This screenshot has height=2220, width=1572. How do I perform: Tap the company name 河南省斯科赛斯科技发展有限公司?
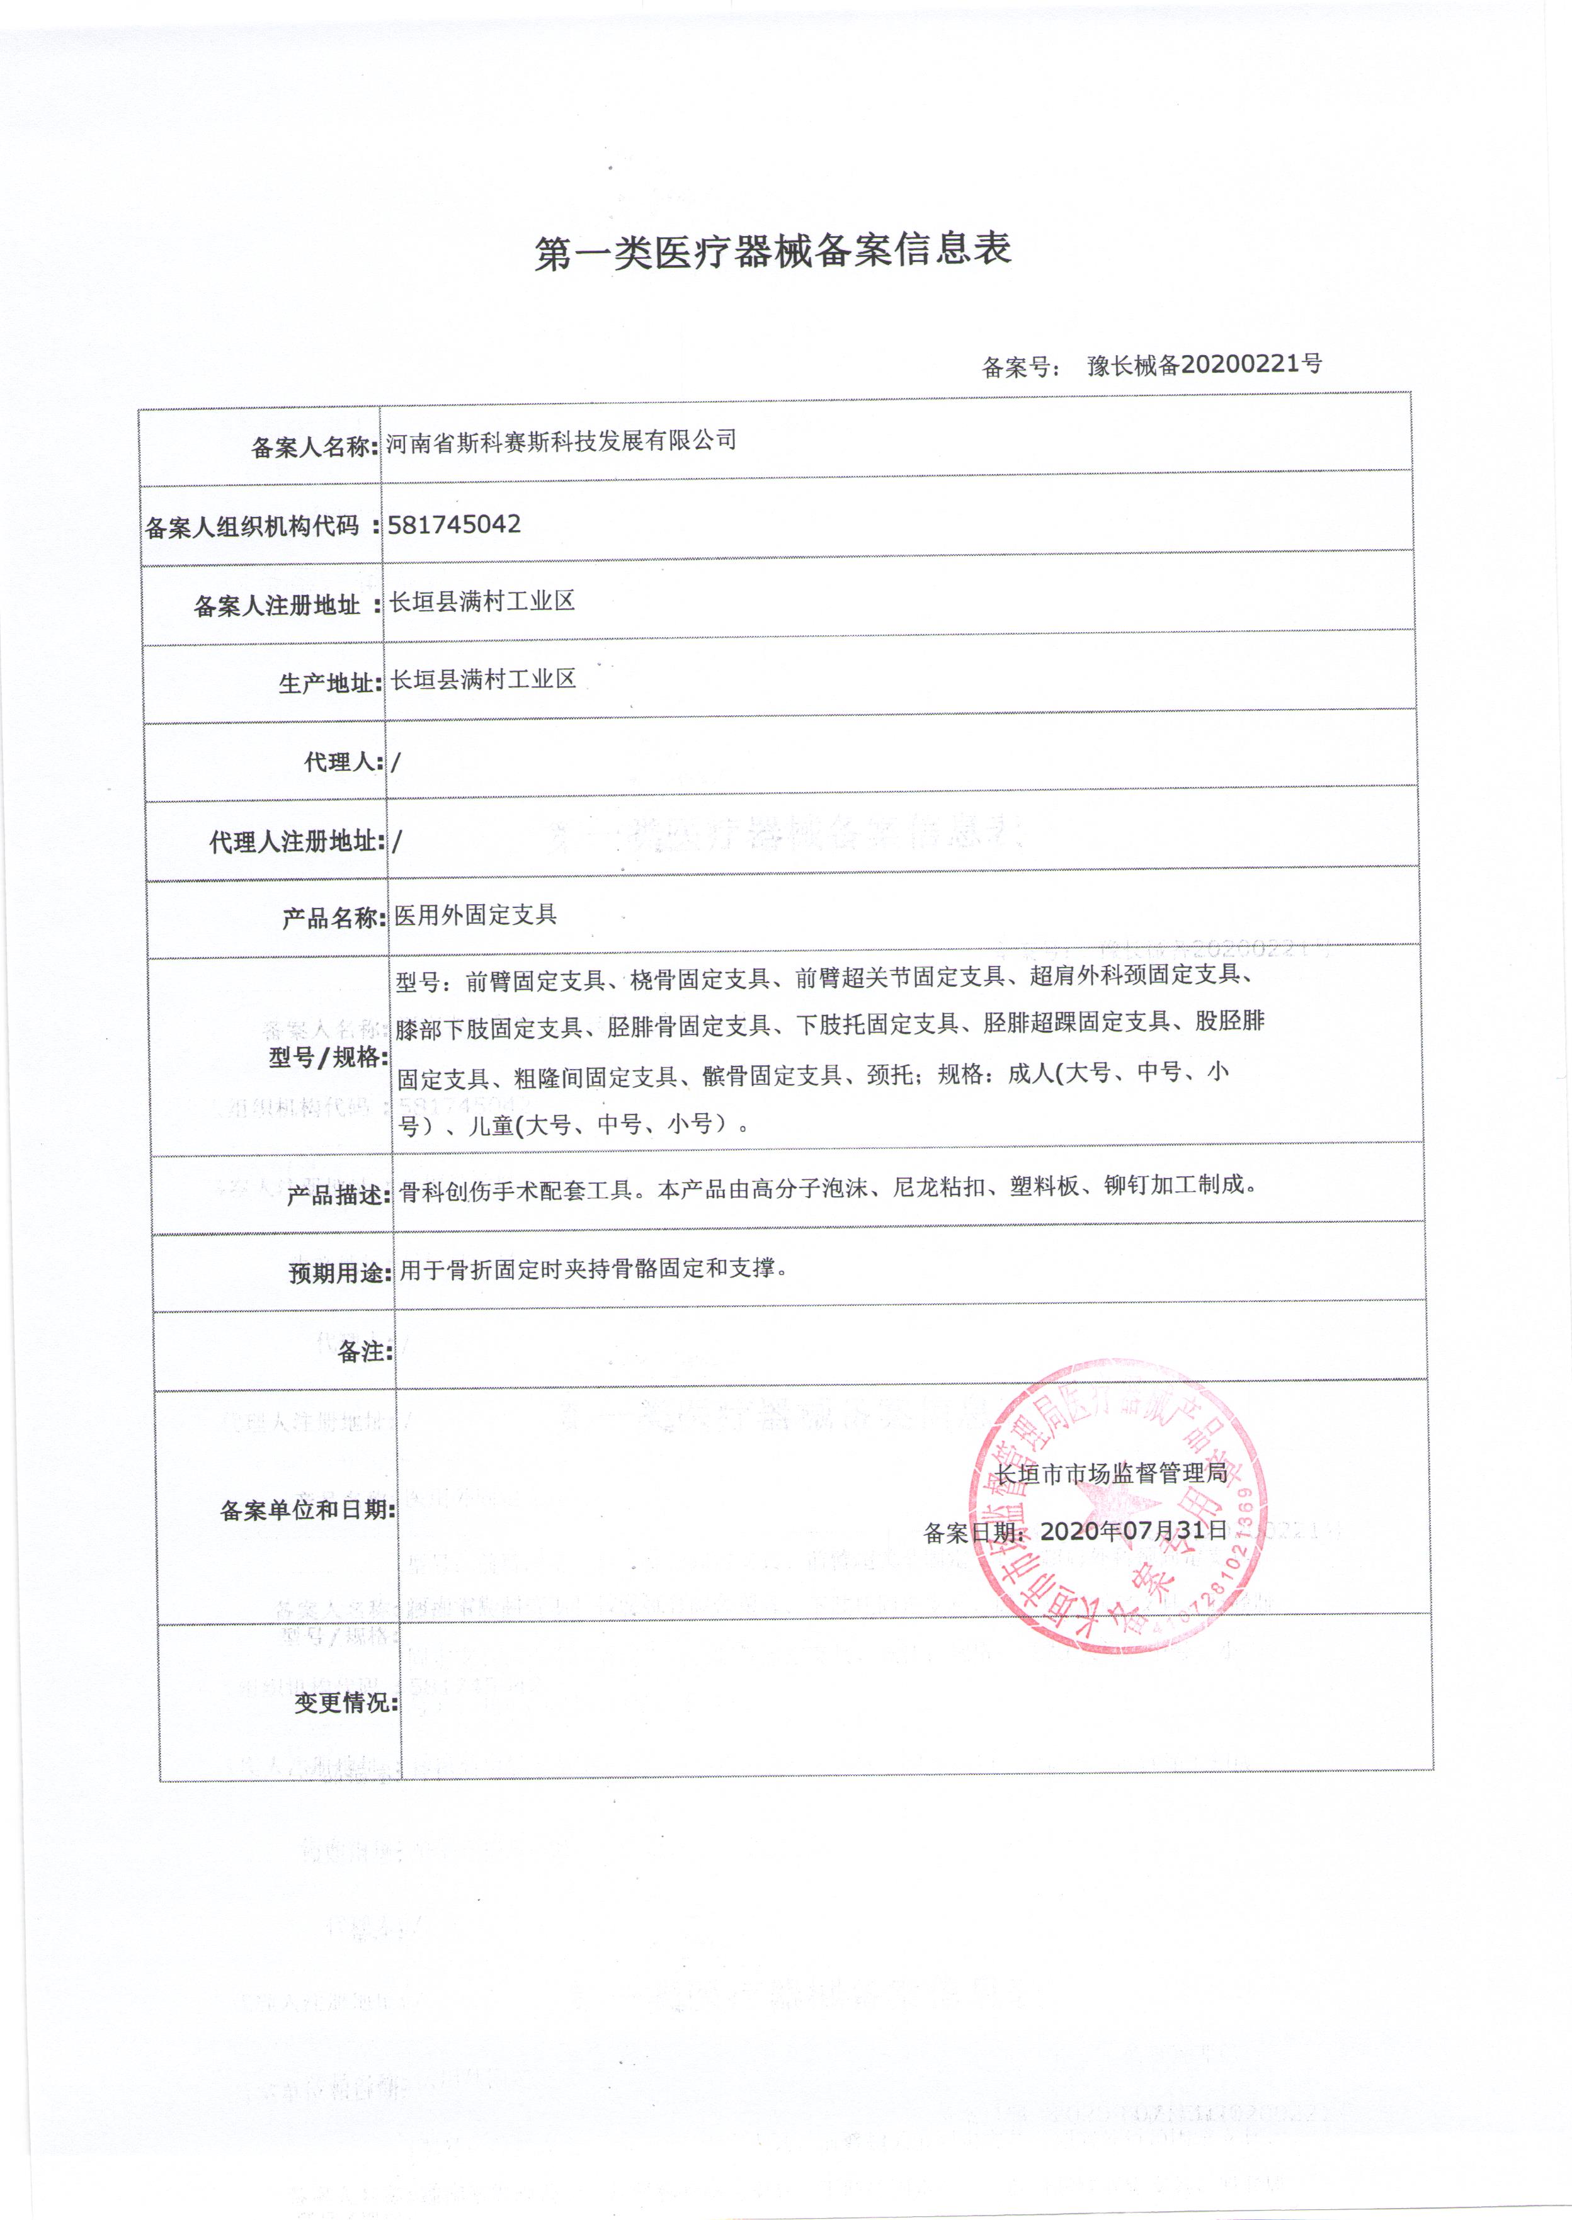pos(561,441)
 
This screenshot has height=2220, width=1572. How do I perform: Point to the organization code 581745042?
pos(454,524)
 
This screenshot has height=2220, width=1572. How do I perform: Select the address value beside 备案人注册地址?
pos(482,601)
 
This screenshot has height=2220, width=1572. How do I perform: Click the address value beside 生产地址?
pos(483,679)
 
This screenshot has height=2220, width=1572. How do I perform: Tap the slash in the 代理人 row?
pos(397,762)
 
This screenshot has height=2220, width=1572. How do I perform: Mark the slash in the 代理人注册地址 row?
pos(398,841)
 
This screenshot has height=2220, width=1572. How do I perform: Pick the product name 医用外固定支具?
pos(476,915)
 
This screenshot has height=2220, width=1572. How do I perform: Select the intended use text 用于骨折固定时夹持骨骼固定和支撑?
pos(593,1268)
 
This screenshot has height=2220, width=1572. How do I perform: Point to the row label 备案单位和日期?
pos(307,1510)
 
